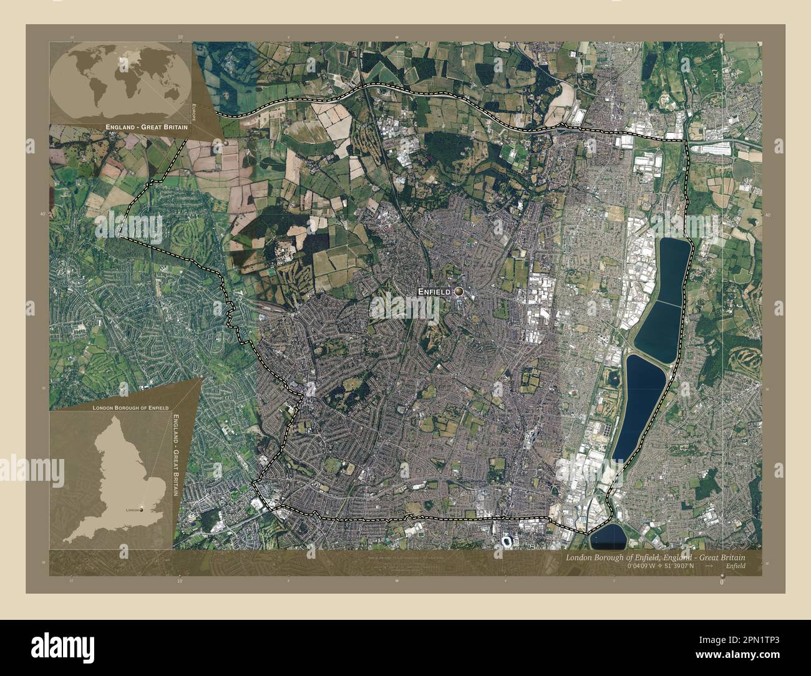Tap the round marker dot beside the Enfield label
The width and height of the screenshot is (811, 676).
[459, 291]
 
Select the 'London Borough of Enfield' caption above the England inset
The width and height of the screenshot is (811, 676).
[130, 407]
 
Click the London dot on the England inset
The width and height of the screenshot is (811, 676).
[142, 509]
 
